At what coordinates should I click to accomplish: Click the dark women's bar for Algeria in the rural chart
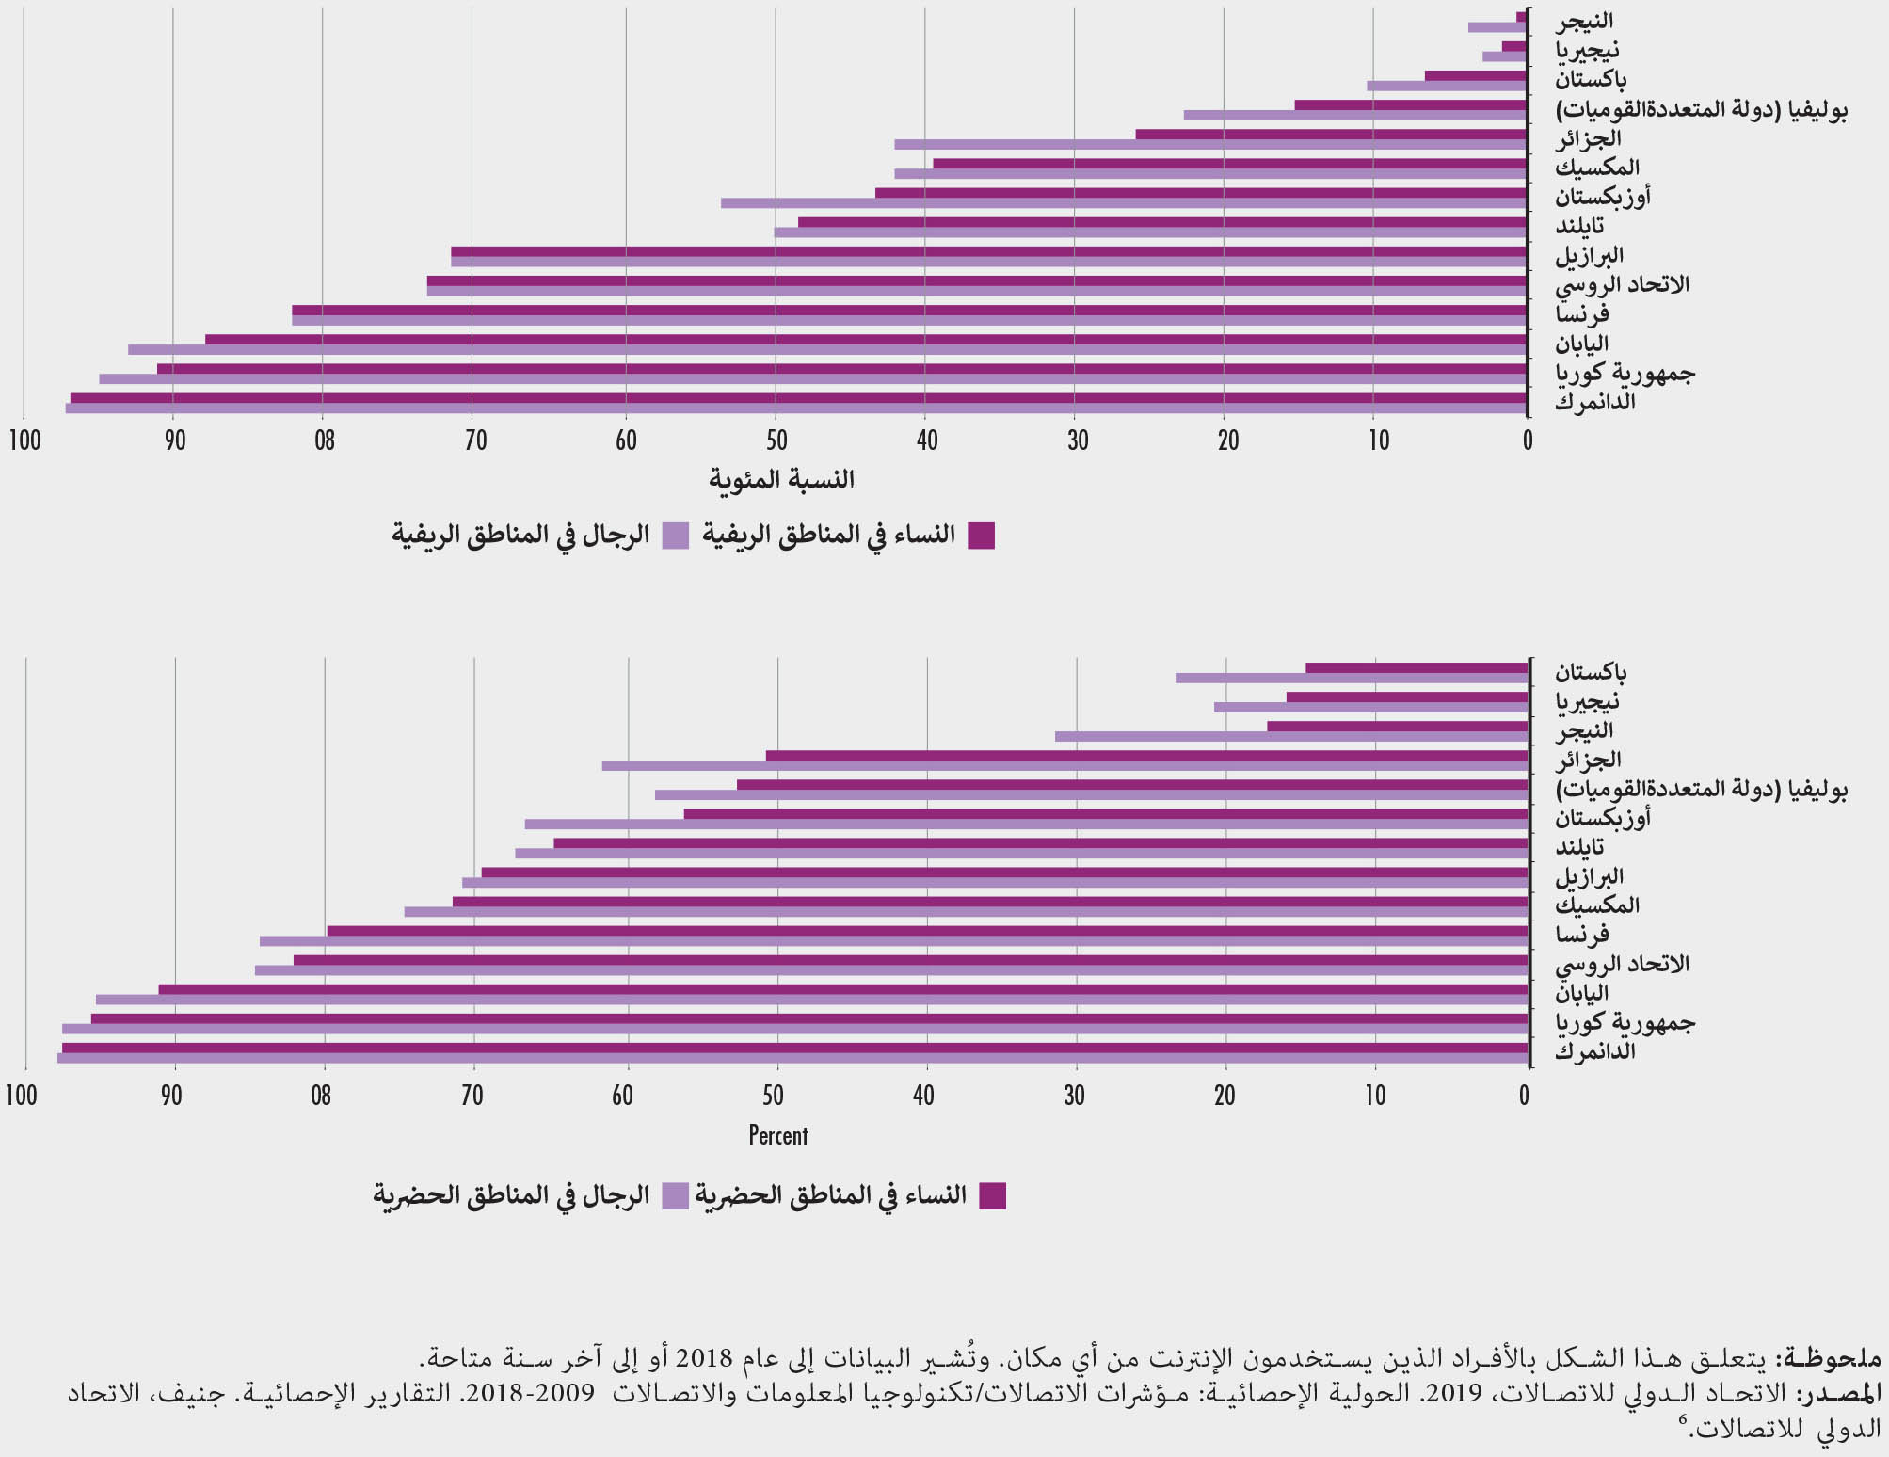(x=1330, y=135)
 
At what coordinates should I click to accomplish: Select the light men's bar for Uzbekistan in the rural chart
(x=1123, y=203)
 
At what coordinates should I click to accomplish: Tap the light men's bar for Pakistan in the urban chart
(x=1351, y=678)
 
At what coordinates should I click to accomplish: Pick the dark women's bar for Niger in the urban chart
(x=1397, y=727)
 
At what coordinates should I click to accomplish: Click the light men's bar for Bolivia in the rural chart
(x=1354, y=115)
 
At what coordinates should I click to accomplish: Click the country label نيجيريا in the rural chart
(x=1587, y=49)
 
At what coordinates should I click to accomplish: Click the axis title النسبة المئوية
(x=781, y=480)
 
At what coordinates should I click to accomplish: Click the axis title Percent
(x=778, y=1135)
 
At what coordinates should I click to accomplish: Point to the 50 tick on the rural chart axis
(x=776, y=440)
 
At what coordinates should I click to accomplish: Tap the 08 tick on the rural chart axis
(x=324, y=440)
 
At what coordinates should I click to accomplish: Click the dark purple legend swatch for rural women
(x=982, y=536)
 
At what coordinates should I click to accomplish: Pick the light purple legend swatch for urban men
(x=676, y=1196)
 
